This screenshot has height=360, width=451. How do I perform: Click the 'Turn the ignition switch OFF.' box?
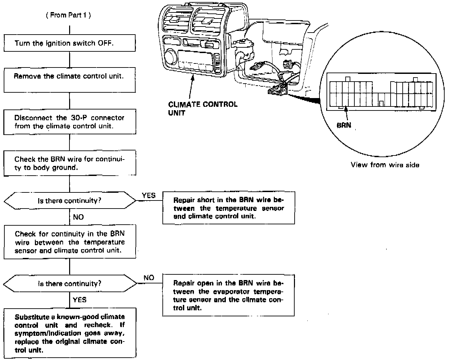point(69,43)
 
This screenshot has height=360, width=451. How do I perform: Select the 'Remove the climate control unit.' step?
point(69,80)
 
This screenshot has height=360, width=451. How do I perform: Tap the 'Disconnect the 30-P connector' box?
point(69,122)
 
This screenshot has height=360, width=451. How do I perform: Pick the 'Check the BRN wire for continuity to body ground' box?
point(69,163)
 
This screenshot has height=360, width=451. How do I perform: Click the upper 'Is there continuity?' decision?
point(69,201)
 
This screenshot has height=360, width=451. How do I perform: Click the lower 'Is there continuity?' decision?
point(69,284)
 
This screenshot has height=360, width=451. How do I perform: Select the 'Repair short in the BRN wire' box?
point(229,208)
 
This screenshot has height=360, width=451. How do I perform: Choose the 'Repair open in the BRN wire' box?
point(228,295)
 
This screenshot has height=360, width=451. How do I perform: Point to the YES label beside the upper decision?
point(149,195)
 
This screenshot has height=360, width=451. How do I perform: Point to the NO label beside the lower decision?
point(149,278)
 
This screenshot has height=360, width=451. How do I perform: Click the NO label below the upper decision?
point(78,217)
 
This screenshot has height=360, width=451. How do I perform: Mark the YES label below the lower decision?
point(80,300)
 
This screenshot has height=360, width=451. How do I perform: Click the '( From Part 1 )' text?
point(68,15)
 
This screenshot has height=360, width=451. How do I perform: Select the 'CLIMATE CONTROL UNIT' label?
point(203,108)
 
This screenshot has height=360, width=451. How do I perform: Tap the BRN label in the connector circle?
point(344,126)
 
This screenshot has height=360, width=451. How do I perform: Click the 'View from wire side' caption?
point(385,165)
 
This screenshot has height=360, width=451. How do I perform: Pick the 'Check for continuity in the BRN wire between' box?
point(69,242)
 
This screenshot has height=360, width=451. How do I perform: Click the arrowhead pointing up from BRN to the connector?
point(345,110)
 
